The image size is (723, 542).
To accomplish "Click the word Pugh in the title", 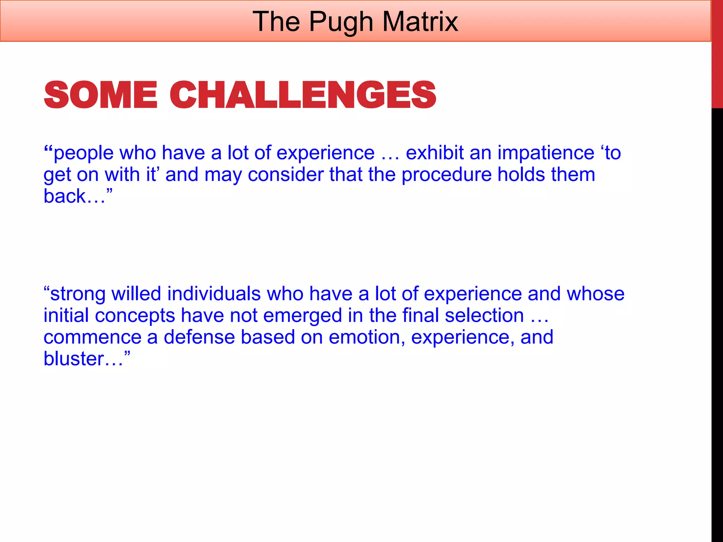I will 341,22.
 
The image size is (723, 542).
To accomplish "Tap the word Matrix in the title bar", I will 420,22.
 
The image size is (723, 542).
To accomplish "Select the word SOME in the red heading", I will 100,95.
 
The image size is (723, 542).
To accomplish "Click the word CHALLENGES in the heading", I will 303,95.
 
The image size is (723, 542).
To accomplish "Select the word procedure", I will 447,175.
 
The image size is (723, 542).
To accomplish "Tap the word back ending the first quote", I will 65,196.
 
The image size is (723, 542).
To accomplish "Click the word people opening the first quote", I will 83,153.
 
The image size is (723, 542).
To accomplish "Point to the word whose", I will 596,294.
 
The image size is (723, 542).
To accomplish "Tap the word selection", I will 484,315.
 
